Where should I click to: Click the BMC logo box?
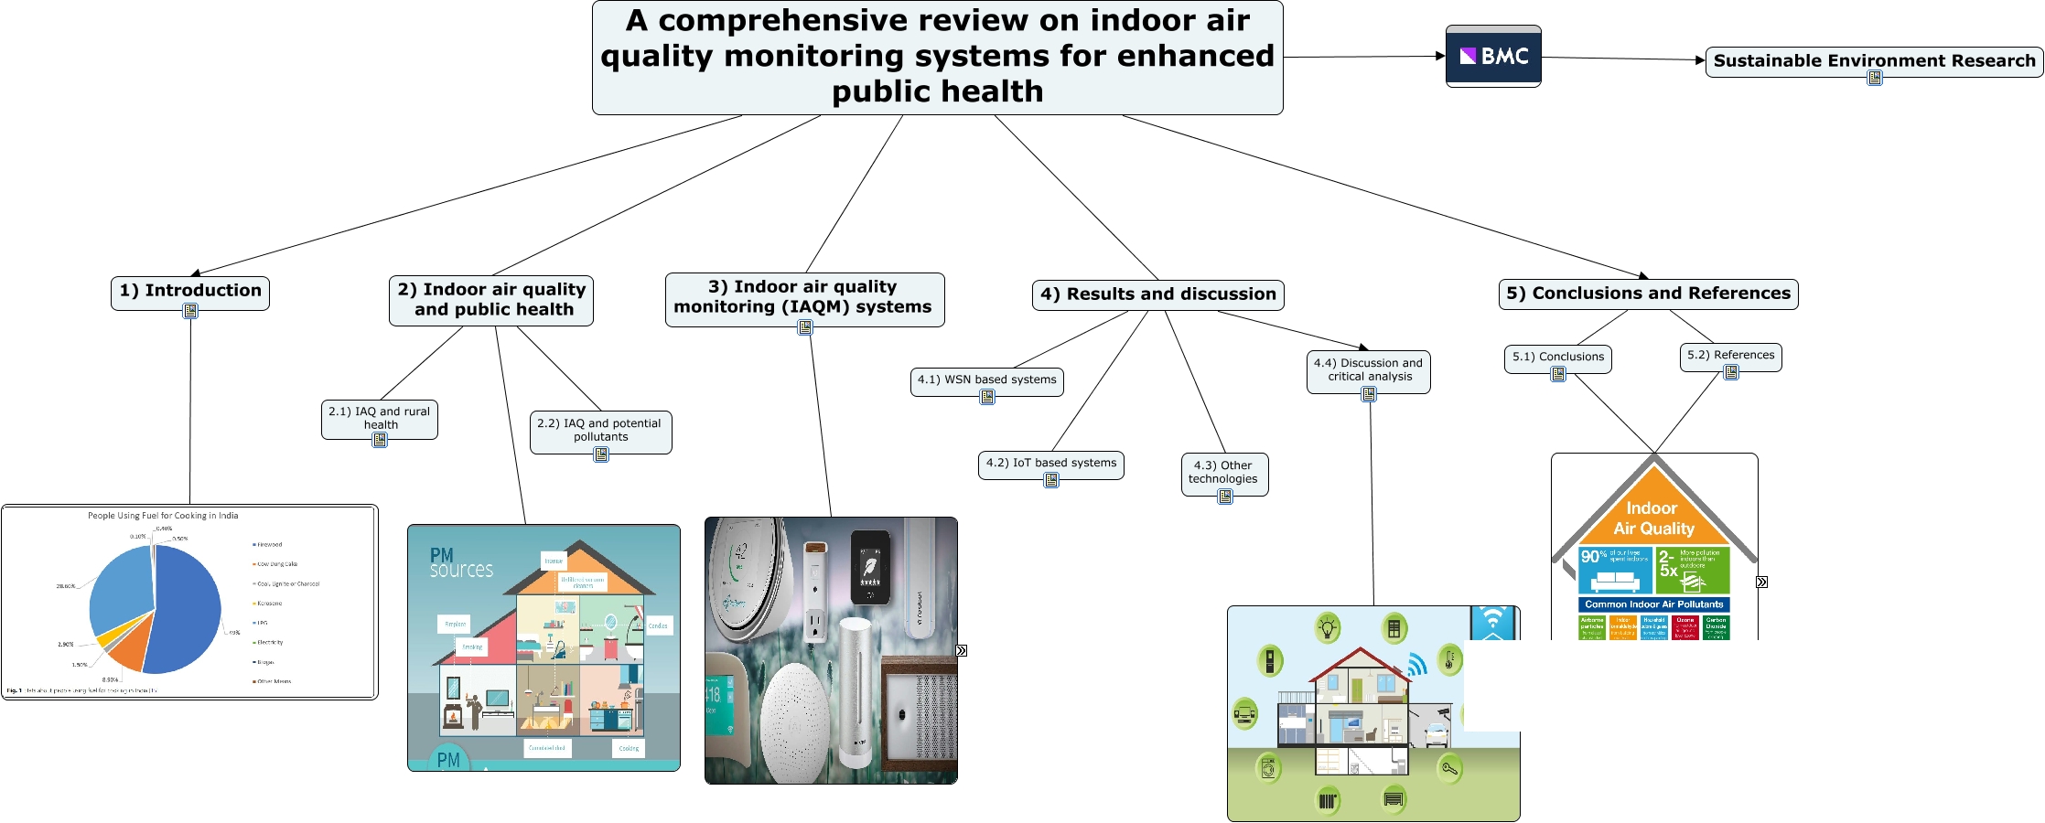pyautogui.click(x=1493, y=57)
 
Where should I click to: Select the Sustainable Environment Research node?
pyautogui.click(x=1874, y=60)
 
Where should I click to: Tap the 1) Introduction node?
pyautogui.click(x=190, y=291)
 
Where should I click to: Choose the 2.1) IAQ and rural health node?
pyautogui.click(x=380, y=418)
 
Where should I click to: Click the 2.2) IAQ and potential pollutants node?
pyautogui.click(x=600, y=430)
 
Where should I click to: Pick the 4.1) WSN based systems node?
pyautogui.click(x=986, y=379)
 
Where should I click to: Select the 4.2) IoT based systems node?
pyautogui.click(x=1050, y=463)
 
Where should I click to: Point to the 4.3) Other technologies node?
pyautogui.click(x=1223, y=472)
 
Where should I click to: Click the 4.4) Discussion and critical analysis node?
pyautogui.click(x=1368, y=369)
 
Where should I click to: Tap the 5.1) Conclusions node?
pyautogui.click(x=1557, y=357)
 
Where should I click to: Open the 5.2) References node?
pyautogui.click(x=1730, y=355)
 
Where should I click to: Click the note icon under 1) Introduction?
pyautogui.click(x=190, y=311)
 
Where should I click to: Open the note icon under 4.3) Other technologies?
pyautogui.click(x=1225, y=497)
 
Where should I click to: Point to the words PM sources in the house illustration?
pyautogui.click(x=460, y=562)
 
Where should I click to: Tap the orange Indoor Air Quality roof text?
pyautogui.click(x=1653, y=518)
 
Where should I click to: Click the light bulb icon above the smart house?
pyautogui.click(x=1328, y=627)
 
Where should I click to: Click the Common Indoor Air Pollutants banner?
pyautogui.click(x=1653, y=604)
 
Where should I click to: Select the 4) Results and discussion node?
pyautogui.click(x=1157, y=294)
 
